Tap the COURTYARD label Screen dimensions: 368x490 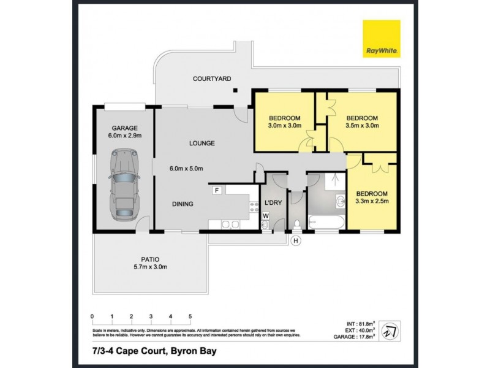(211, 79)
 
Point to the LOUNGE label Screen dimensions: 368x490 (202, 144)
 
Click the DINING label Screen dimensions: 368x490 (183, 204)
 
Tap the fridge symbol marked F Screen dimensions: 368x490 (216, 191)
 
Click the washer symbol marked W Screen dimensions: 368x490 (266, 215)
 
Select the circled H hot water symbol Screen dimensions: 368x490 (296, 240)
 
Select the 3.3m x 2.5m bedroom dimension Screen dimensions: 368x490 (372, 201)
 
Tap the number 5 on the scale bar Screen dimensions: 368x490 (190, 316)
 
